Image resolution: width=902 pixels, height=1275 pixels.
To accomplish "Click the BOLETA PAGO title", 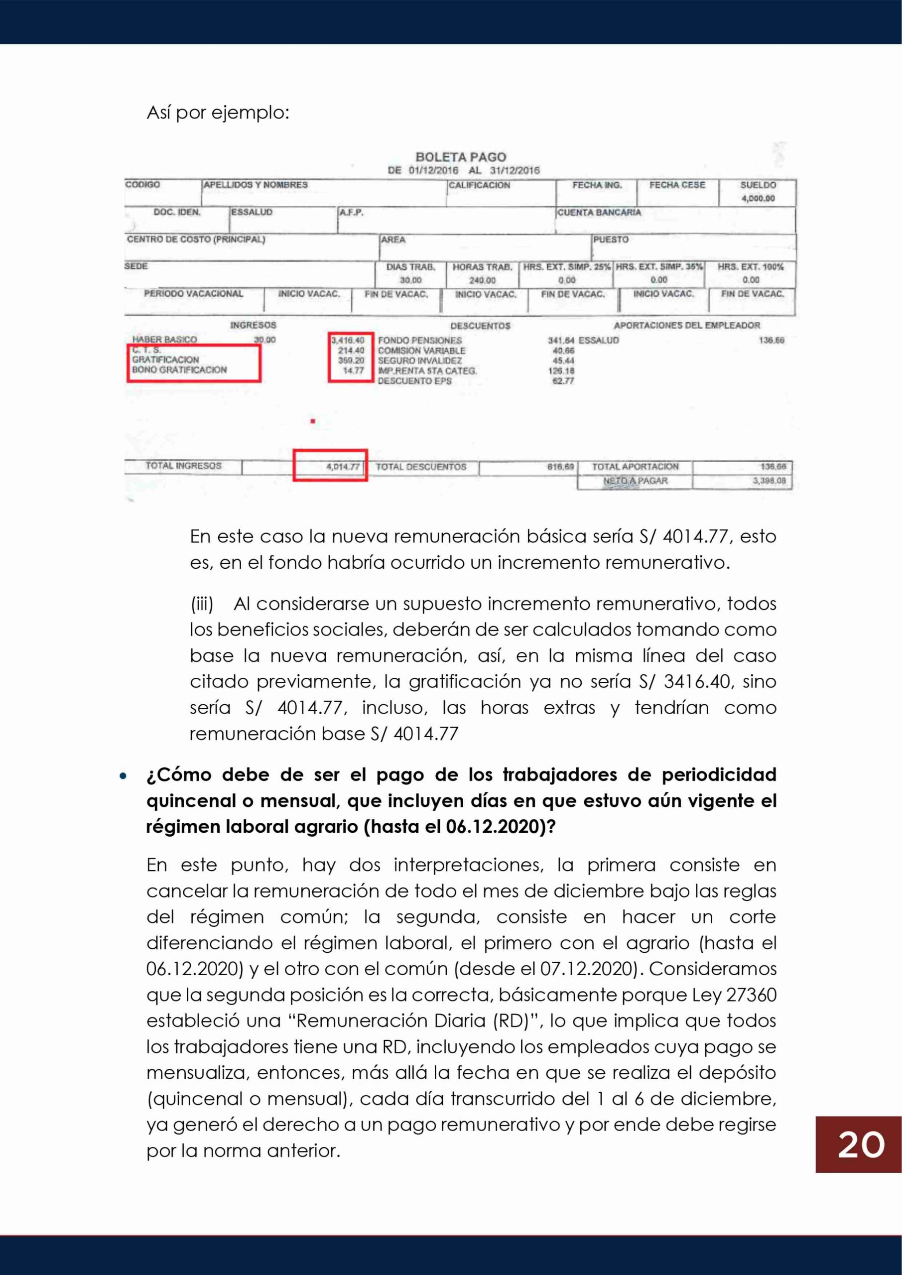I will pyautogui.click(x=460, y=157).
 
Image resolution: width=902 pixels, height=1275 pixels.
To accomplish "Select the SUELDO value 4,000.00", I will pyautogui.click(x=758, y=198).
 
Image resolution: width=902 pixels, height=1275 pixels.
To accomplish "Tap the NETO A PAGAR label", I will pyautogui.click(x=635, y=481).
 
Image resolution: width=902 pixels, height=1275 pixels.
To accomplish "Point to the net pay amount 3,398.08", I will pyautogui.click(x=769, y=481).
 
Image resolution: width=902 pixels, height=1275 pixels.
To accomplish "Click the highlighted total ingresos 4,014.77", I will pyautogui.click(x=343, y=467).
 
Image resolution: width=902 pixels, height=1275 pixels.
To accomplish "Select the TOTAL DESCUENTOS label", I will pyautogui.click(x=421, y=467).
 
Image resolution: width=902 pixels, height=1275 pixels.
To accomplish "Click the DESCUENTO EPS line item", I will pyautogui.click(x=414, y=381).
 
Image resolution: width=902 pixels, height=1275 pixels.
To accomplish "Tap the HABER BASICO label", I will pyautogui.click(x=164, y=339).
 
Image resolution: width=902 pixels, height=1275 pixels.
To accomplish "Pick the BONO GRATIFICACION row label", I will pyautogui.click(x=179, y=370).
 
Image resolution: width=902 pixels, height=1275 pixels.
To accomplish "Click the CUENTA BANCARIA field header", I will pyautogui.click(x=599, y=213).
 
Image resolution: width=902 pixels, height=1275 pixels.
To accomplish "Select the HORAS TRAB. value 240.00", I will pyautogui.click(x=482, y=280).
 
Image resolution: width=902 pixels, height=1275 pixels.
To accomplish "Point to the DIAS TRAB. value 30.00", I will pyautogui.click(x=410, y=280).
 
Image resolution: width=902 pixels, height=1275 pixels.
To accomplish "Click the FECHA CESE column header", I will pyautogui.click(x=677, y=185).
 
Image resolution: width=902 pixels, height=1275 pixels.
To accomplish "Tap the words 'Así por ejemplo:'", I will pyautogui.click(x=218, y=113).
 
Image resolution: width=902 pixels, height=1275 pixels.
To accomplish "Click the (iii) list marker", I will pyautogui.click(x=202, y=604).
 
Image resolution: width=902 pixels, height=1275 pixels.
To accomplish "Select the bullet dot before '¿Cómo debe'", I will pyautogui.click(x=124, y=776).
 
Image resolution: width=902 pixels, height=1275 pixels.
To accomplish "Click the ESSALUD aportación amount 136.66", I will pyautogui.click(x=772, y=340).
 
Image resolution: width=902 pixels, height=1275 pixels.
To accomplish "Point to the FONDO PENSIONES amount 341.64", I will pyautogui.click(x=561, y=340).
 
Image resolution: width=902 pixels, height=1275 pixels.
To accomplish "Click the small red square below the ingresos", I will pyautogui.click(x=313, y=421).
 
